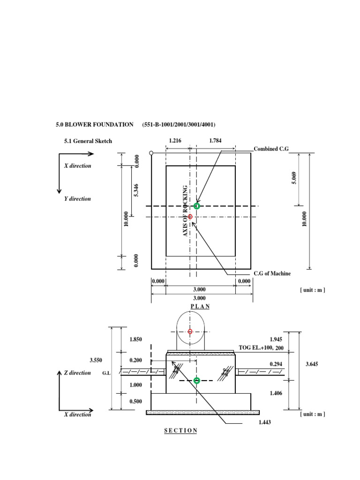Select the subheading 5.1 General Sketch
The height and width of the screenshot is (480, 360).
pos(88,141)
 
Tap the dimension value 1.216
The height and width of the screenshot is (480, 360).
pos(176,140)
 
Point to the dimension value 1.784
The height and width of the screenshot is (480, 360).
pos(216,140)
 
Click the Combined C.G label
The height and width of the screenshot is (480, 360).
pos(271,149)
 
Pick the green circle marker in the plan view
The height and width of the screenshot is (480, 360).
pos(197,206)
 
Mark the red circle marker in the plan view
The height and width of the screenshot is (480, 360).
pos(190,217)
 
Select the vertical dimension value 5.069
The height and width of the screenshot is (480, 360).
pos(294,179)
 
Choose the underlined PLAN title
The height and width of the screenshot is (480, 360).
pos(200,306)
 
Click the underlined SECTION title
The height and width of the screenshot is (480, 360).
pos(181,430)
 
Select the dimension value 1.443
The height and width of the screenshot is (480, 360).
pos(264,422)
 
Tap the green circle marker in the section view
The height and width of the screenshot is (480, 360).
pos(197,381)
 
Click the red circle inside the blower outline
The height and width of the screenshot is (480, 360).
pos(190,331)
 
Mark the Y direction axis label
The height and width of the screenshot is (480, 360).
pos(77,199)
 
